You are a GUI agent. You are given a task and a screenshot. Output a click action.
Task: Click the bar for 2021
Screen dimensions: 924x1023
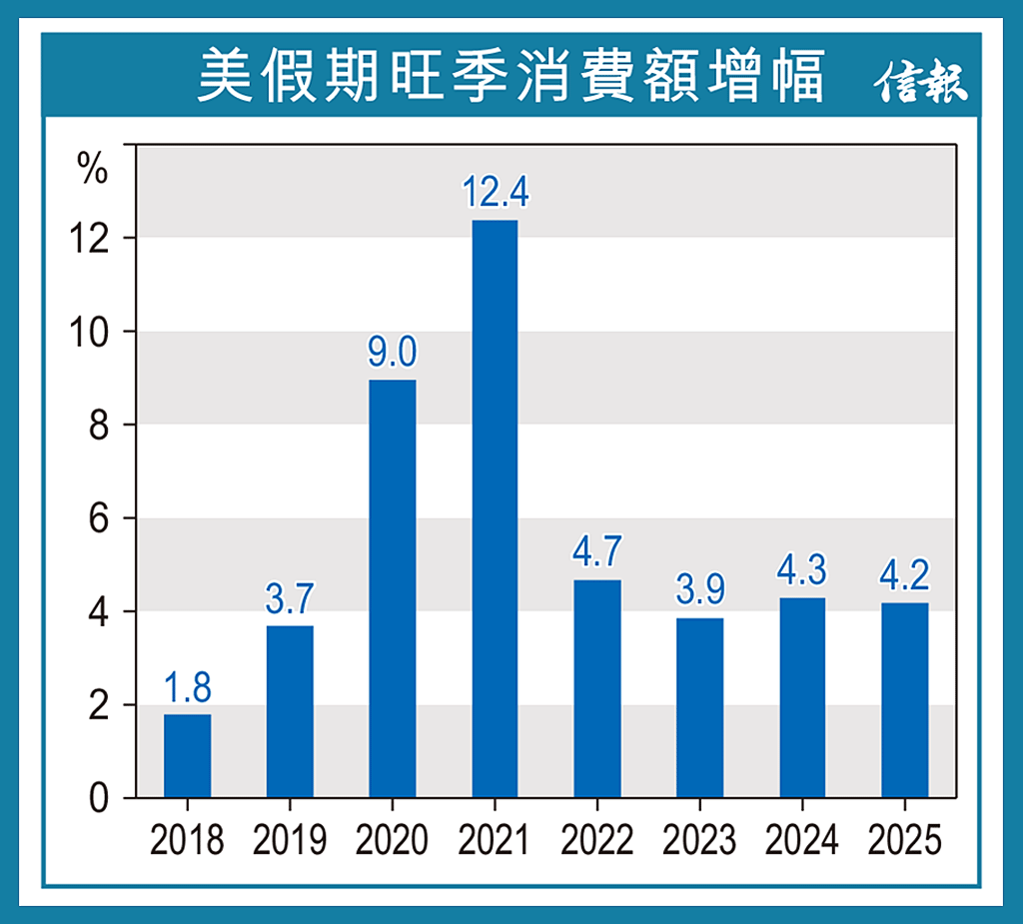coord(495,508)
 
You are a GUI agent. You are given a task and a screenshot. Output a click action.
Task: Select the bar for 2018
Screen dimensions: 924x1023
coord(188,755)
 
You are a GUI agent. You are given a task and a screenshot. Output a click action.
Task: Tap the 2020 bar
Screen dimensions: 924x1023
coord(393,588)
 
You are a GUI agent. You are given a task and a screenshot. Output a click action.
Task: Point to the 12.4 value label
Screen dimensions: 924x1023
coord(495,192)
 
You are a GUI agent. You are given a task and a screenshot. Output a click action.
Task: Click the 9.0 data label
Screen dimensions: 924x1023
coord(393,353)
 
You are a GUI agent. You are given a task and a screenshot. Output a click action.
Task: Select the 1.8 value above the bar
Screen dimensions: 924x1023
coord(188,688)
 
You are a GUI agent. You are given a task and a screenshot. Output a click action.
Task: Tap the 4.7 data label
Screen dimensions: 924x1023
coord(597,552)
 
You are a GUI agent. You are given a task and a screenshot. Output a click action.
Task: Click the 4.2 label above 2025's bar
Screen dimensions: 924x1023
coord(904,576)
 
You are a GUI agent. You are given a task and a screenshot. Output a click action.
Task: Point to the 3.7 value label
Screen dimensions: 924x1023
coord(290,598)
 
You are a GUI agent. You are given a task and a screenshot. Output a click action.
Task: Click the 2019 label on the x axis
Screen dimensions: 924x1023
coord(290,841)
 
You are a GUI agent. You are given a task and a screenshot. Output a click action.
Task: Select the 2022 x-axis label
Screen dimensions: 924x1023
coord(597,841)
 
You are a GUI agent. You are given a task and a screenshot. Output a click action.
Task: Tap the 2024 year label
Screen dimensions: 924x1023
coord(802,841)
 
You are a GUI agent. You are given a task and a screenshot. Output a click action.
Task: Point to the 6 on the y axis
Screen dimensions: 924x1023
coord(98,518)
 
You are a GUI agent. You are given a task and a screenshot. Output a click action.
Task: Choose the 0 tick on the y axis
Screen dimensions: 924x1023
coord(98,798)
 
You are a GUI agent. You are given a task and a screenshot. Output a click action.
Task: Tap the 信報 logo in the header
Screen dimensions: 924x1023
coord(921,82)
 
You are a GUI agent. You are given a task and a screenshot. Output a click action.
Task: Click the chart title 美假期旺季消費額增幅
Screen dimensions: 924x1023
coord(511,77)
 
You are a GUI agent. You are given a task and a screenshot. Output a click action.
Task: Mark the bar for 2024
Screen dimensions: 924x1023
coord(802,697)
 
